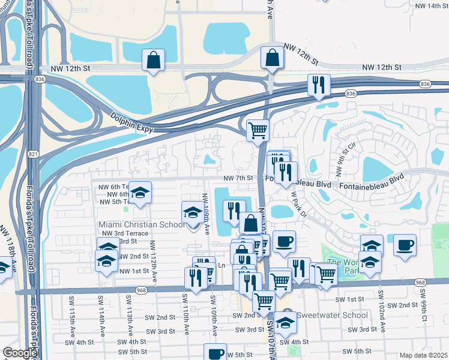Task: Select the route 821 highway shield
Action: pyautogui.click(x=33, y=155)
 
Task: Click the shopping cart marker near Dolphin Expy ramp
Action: pyautogui.click(x=258, y=129)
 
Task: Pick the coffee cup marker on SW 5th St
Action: pyautogui.click(x=214, y=353)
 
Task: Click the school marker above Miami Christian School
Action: pyautogui.click(x=192, y=212)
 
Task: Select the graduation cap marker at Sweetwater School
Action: pyautogui.click(x=285, y=322)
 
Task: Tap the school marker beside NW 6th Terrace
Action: pyautogui.click(x=140, y=193)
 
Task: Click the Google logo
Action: pyautogui.click(x=19, y=353)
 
